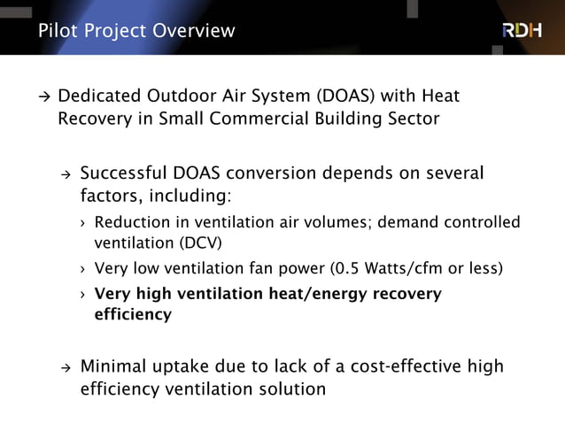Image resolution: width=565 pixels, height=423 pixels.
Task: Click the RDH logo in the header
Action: coord(522,30)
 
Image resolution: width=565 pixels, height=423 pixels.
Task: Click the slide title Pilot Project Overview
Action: coord(137,31)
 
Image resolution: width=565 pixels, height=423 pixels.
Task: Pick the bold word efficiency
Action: coord(133,313)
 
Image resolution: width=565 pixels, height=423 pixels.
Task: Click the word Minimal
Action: coord(113,366)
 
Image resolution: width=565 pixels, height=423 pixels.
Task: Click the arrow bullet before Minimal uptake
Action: coord(64,367)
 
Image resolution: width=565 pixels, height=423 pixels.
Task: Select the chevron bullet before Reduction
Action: coord(82,222)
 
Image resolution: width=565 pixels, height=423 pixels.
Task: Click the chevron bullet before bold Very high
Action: coord(82,294)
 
